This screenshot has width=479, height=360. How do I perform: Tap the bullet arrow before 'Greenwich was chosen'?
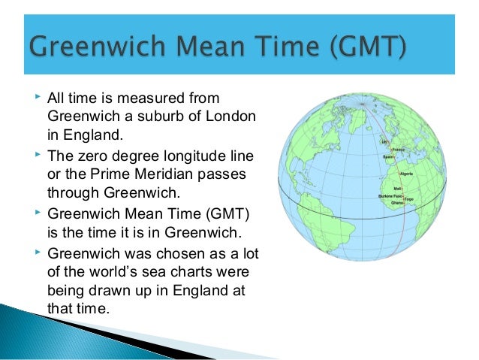38,250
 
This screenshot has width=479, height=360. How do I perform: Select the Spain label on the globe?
390,156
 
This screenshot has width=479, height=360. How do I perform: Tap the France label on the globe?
397,149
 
